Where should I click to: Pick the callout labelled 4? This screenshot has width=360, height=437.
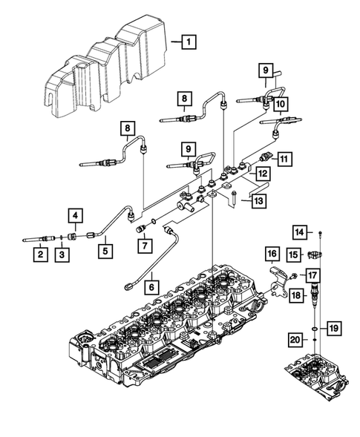[77, 216]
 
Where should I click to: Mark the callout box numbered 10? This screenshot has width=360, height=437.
[281, 106]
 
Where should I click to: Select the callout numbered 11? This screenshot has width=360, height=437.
[284, 157]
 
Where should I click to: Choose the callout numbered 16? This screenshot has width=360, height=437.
[272, 254]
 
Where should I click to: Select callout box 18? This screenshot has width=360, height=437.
[295, 295]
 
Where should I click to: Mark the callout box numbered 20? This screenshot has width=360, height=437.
[295, 340]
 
